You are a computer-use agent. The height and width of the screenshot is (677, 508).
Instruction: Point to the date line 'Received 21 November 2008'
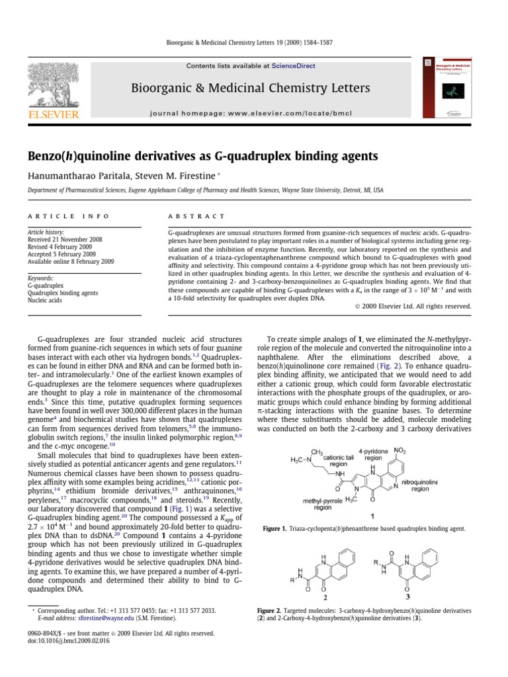point(65,240)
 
